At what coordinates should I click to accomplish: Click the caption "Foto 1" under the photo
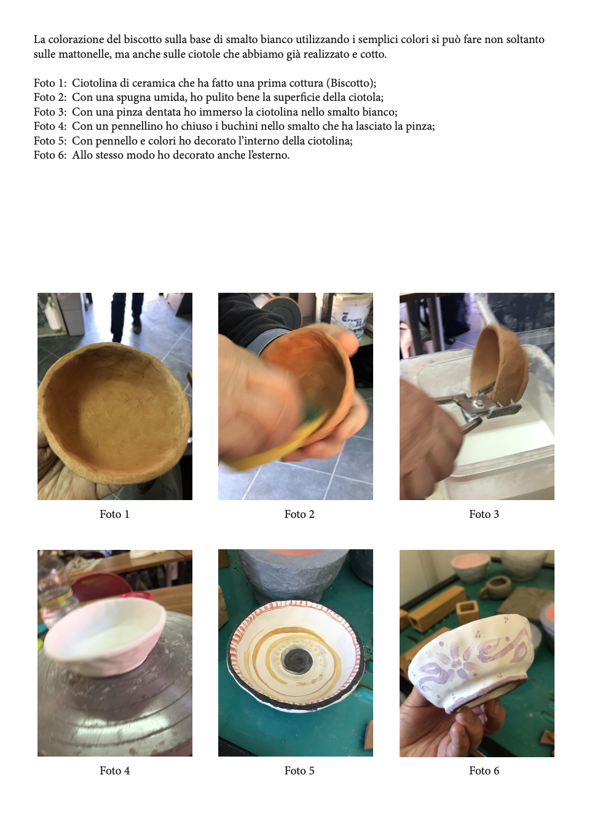tap(114, 514)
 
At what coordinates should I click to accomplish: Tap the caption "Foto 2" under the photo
tap(299, 514)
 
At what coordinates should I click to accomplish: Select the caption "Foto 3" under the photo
tap(484, 514)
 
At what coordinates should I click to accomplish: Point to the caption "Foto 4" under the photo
tap(114, 771)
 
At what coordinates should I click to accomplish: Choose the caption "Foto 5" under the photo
tap(299, 771)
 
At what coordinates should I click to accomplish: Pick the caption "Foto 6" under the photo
tap(484, 771)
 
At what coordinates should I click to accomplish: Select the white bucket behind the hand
tap(352, 315)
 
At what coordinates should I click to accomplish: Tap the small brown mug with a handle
tap(495, 587)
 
